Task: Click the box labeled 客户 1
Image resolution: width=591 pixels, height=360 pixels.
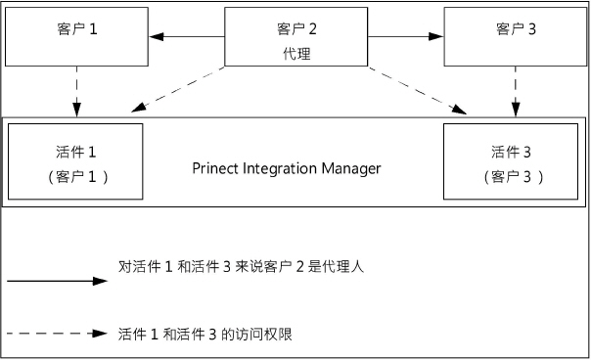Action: coord(76,38)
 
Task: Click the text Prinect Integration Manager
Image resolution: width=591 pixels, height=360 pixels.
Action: coord(286,168)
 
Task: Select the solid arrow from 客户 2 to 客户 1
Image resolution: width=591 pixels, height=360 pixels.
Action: coord(187,38)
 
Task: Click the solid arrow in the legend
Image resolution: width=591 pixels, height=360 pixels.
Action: coord(56,281)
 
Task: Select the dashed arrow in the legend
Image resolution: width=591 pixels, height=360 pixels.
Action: coord(56,334)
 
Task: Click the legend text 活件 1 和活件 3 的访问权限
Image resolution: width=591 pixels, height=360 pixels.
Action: coord(204,334)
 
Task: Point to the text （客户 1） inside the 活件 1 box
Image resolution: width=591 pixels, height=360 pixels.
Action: coord(76,177)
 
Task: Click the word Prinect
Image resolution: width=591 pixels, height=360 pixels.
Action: coord(217,168)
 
